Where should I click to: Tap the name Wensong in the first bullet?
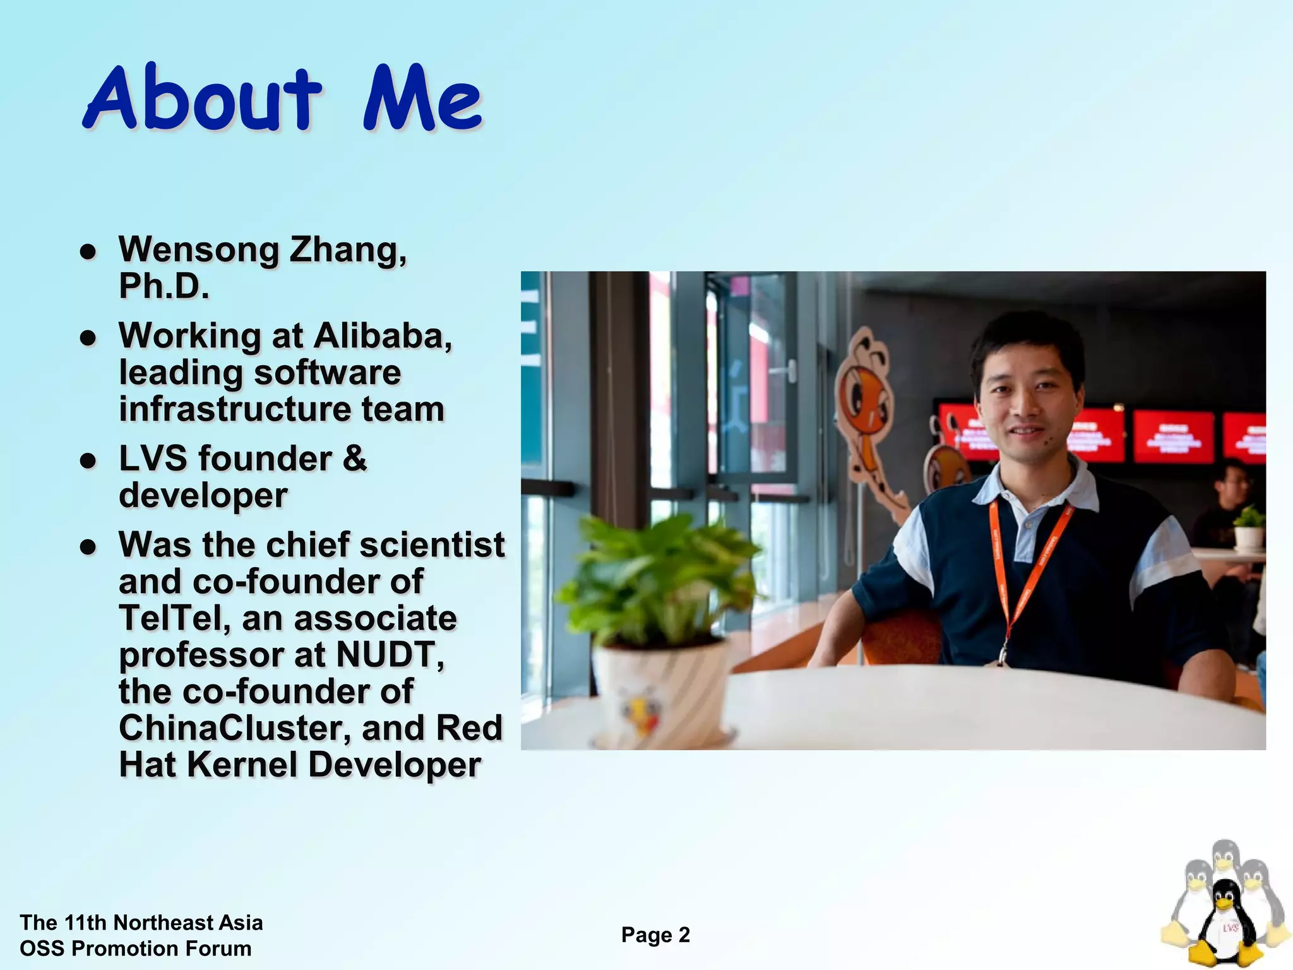(198, 250)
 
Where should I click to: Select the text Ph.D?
(164, 286)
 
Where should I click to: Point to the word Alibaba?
(383, 335)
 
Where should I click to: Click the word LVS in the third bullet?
(153, 458)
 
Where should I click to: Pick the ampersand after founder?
(354, 458)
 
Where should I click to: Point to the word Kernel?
(242, 765)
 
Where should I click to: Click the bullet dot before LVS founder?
(88, 460)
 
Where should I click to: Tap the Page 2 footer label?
(655, 935)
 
